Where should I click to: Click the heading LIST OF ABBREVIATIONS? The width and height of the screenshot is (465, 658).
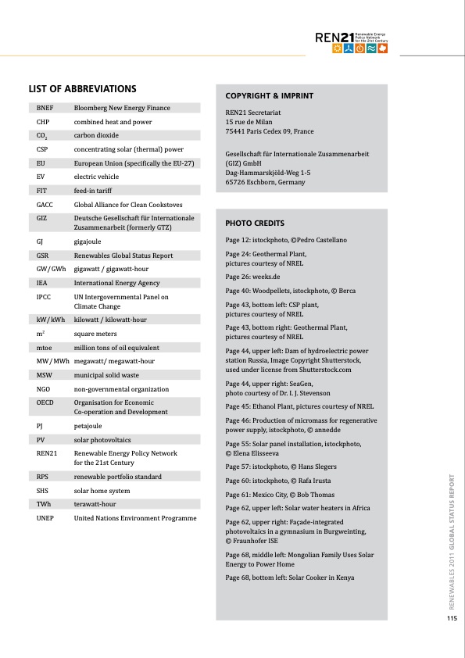[82, 88]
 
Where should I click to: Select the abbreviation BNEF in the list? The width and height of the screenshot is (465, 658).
[45, 108]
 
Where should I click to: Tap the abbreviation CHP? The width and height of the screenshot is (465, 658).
[43, 122]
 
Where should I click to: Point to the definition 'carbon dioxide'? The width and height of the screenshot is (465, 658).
[95, 135]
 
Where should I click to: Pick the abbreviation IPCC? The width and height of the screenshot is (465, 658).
[45, 297]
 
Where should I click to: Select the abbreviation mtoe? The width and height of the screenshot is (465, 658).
[45, 347]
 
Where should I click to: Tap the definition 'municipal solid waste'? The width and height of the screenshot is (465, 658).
[109, 375]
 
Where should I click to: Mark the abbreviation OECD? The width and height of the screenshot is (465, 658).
[45, 402]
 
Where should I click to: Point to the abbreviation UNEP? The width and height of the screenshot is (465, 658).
[45, 517]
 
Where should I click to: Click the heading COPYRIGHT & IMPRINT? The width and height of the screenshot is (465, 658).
[269, 96]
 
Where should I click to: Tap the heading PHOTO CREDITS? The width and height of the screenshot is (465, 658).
[255, 223]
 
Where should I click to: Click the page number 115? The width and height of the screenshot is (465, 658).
[451, 619]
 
